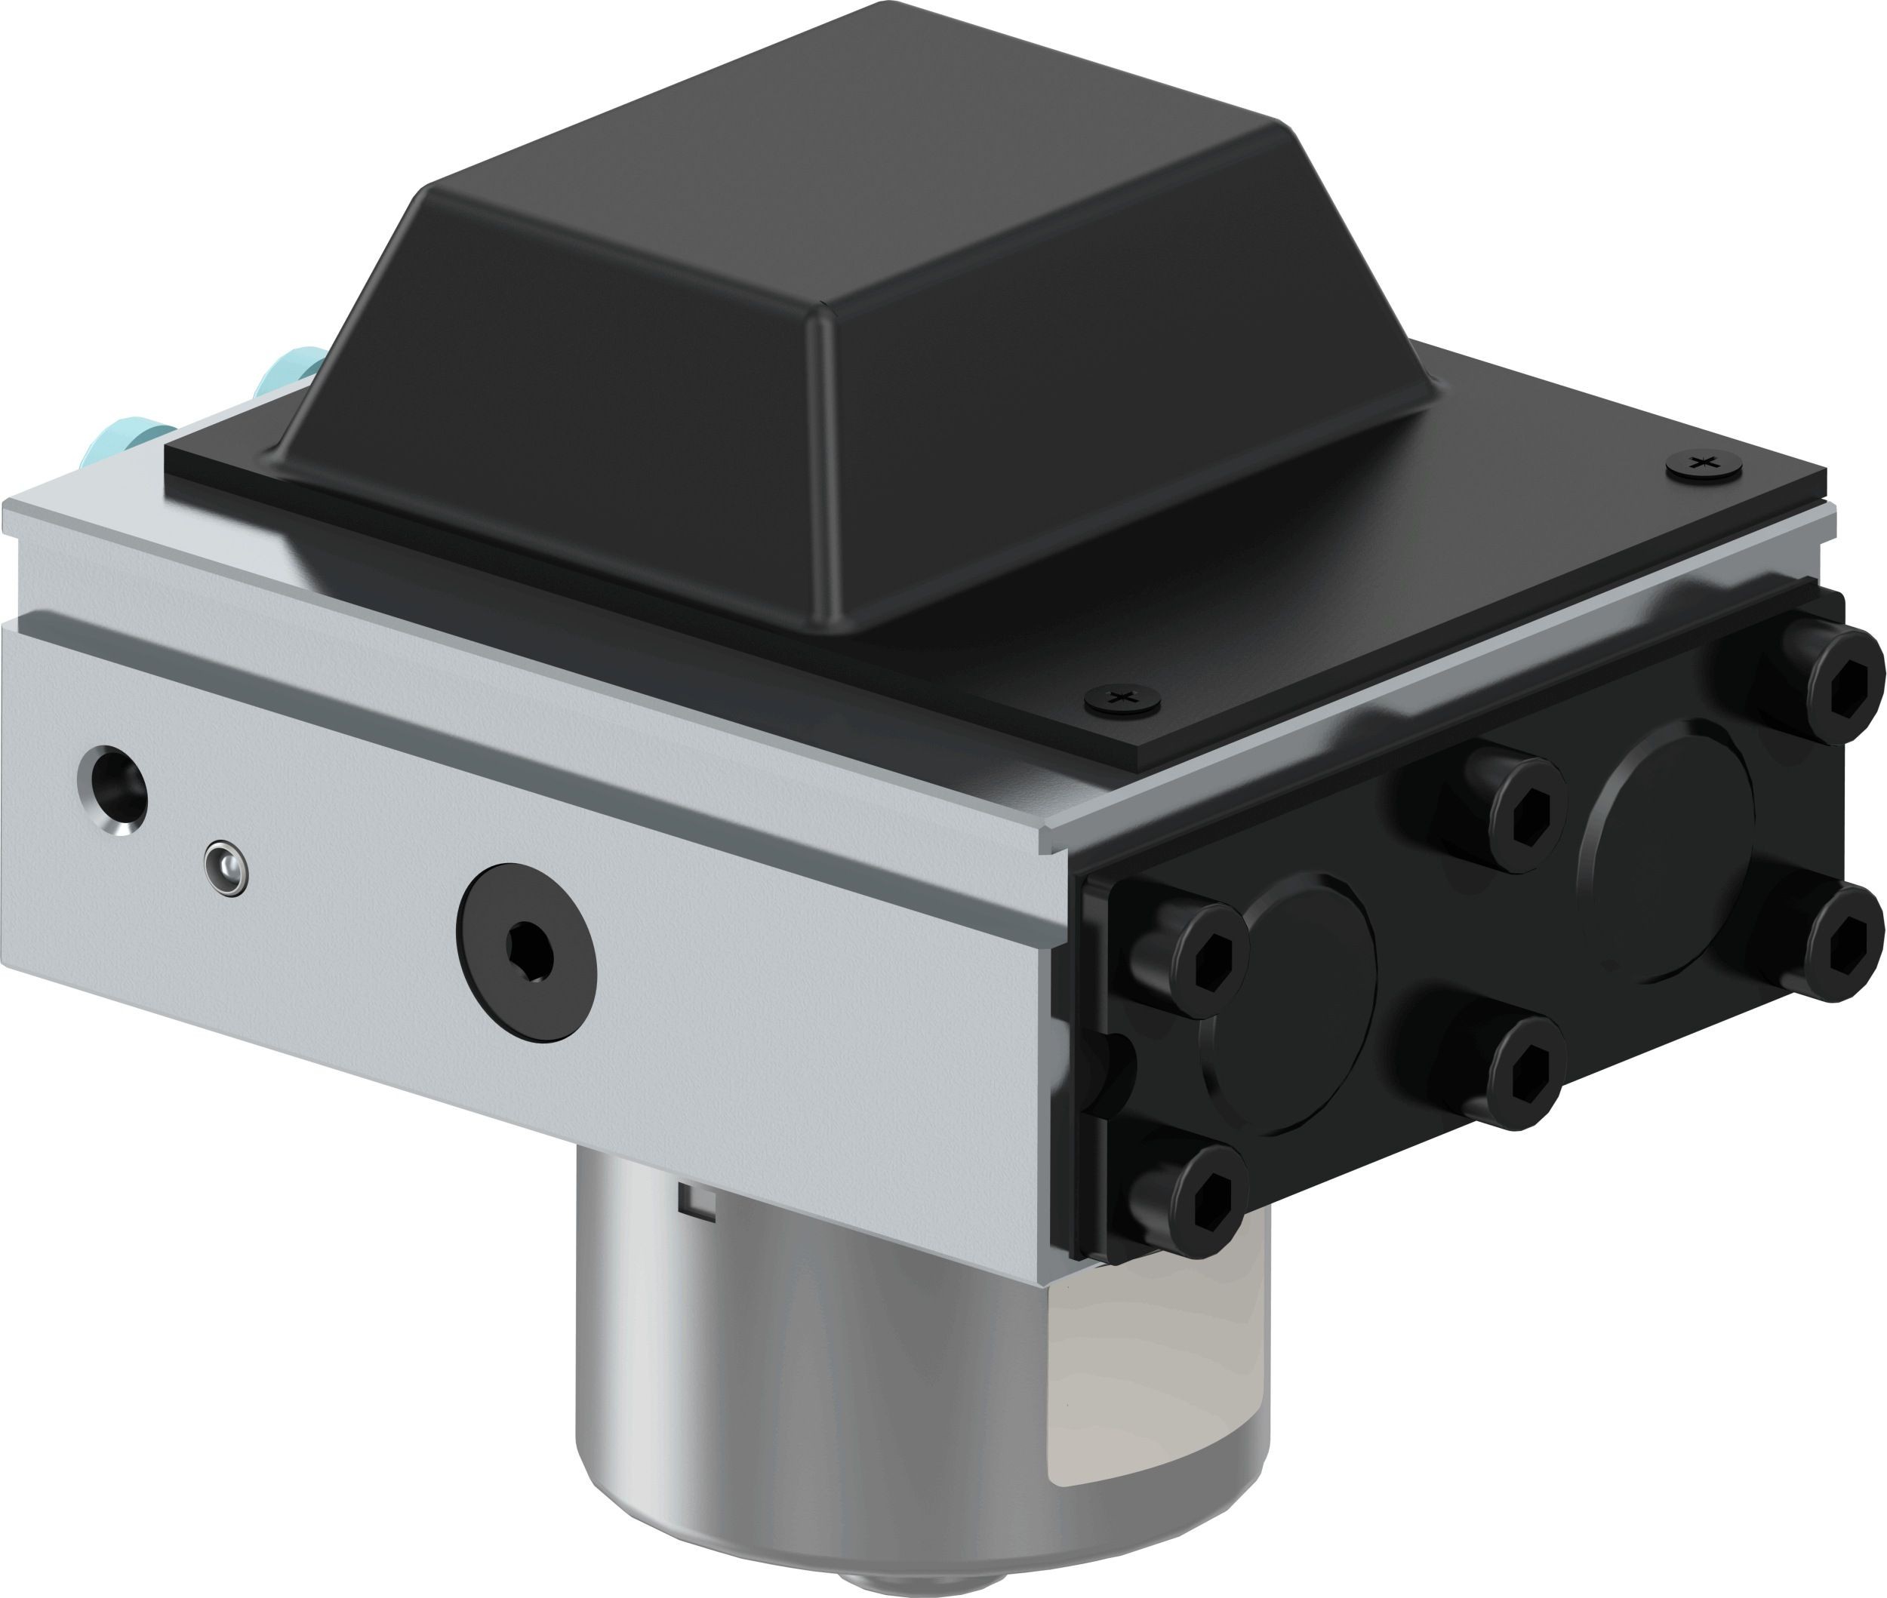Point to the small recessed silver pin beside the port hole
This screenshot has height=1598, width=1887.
click(226, 868)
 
